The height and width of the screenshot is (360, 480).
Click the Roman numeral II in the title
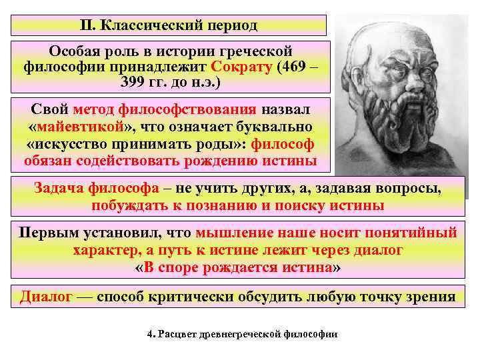87,25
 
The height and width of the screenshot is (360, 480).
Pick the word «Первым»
49,234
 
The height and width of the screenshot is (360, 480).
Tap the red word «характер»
106,251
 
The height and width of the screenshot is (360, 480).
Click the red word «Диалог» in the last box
45,296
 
